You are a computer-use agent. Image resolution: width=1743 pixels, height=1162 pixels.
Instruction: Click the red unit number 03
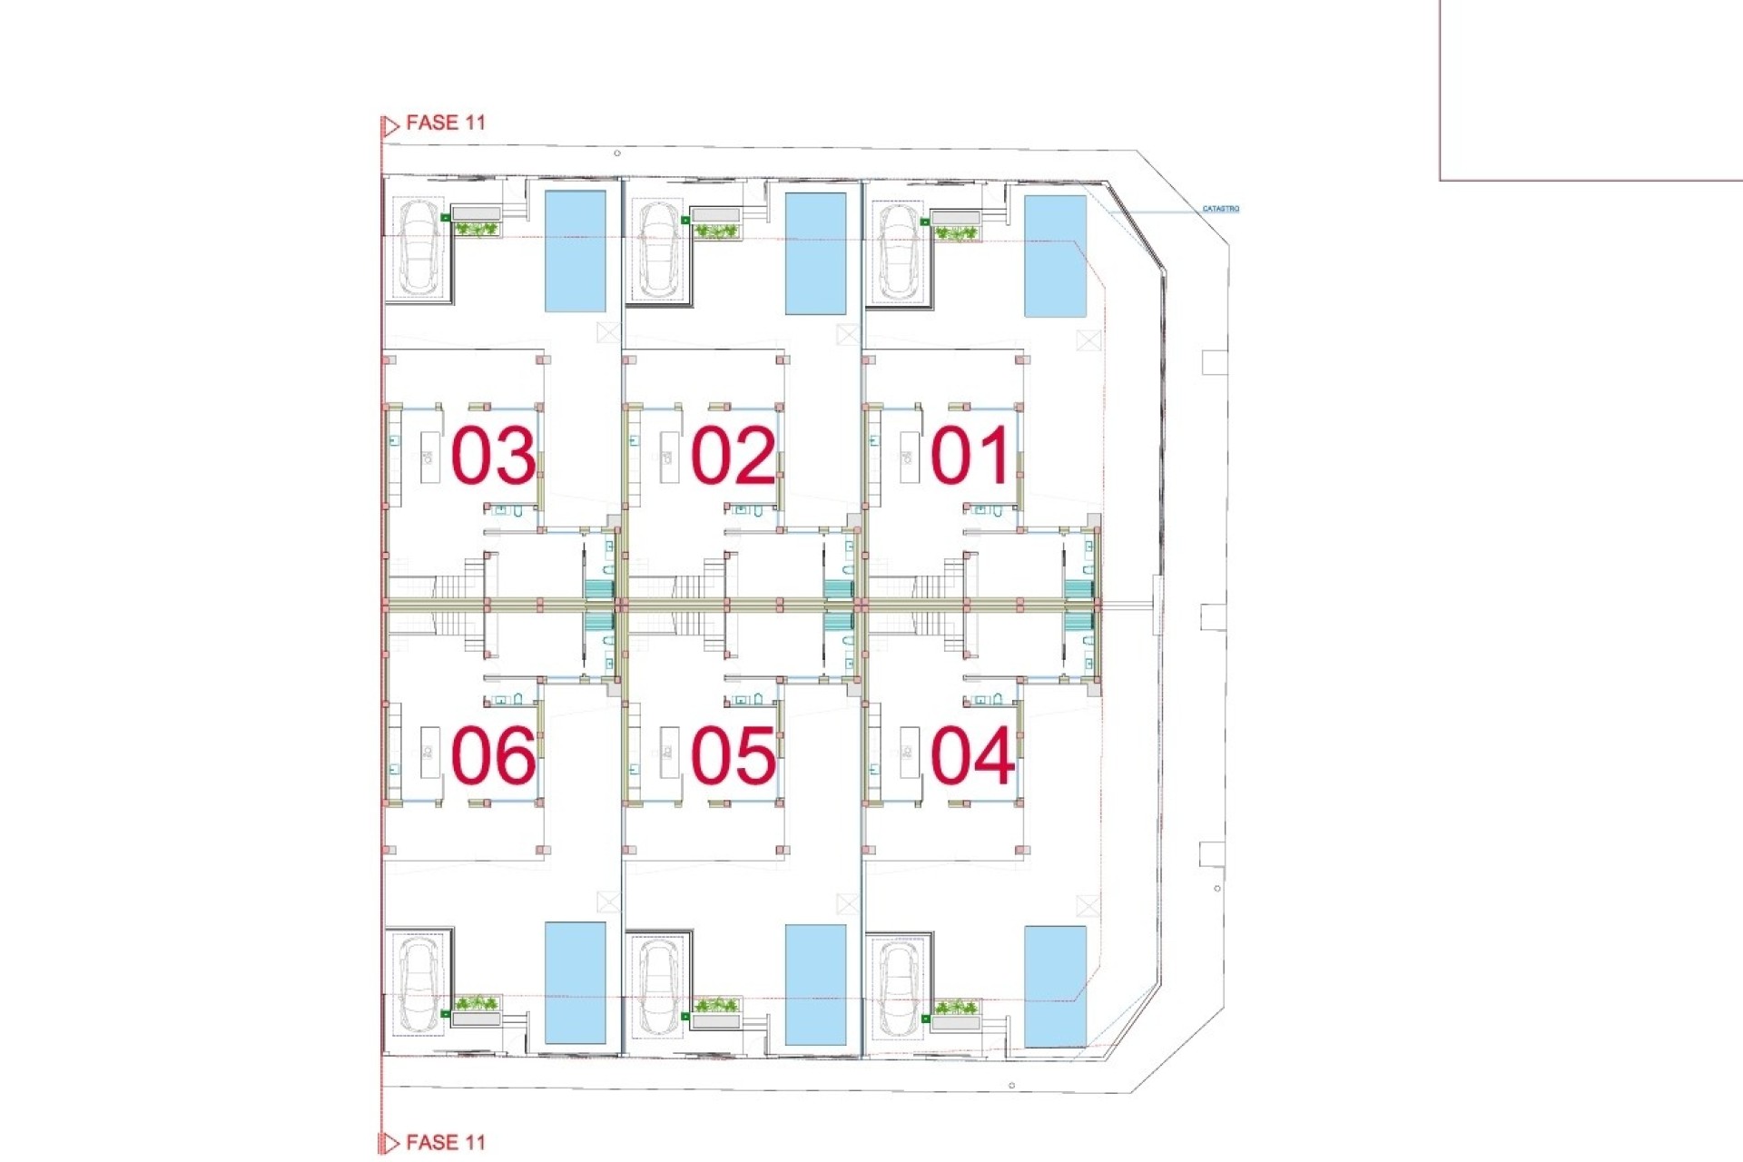coord(493,456)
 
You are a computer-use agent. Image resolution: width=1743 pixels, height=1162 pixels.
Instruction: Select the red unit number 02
coord(734,456)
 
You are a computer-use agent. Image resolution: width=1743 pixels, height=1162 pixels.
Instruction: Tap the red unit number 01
coord(970,456)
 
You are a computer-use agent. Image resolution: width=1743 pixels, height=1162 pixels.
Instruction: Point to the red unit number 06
coord(493,755)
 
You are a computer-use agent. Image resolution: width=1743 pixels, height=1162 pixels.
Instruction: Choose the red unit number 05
coord(734,755)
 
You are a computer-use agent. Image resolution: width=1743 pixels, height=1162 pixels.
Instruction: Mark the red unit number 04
coord(972,755)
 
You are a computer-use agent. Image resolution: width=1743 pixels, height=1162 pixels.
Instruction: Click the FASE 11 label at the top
coord(445,123)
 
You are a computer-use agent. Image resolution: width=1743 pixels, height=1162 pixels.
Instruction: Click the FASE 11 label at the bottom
coord(445,1143)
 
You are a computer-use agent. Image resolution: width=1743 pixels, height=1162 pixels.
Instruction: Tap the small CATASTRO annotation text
coord(1220,209)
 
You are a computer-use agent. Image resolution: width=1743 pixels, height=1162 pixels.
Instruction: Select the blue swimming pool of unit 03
coord(575,251)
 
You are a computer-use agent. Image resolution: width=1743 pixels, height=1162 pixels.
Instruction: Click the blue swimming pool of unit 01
coord(1055,256)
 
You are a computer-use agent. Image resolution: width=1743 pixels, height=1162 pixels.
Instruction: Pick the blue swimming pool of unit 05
coord(815,985)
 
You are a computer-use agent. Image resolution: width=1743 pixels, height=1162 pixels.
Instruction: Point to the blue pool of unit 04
coord(1055,986)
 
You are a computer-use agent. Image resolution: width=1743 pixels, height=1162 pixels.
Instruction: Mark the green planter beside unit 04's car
coord(956,1008)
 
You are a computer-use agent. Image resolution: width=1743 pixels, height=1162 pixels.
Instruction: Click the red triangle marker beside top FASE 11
coord(390,126)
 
